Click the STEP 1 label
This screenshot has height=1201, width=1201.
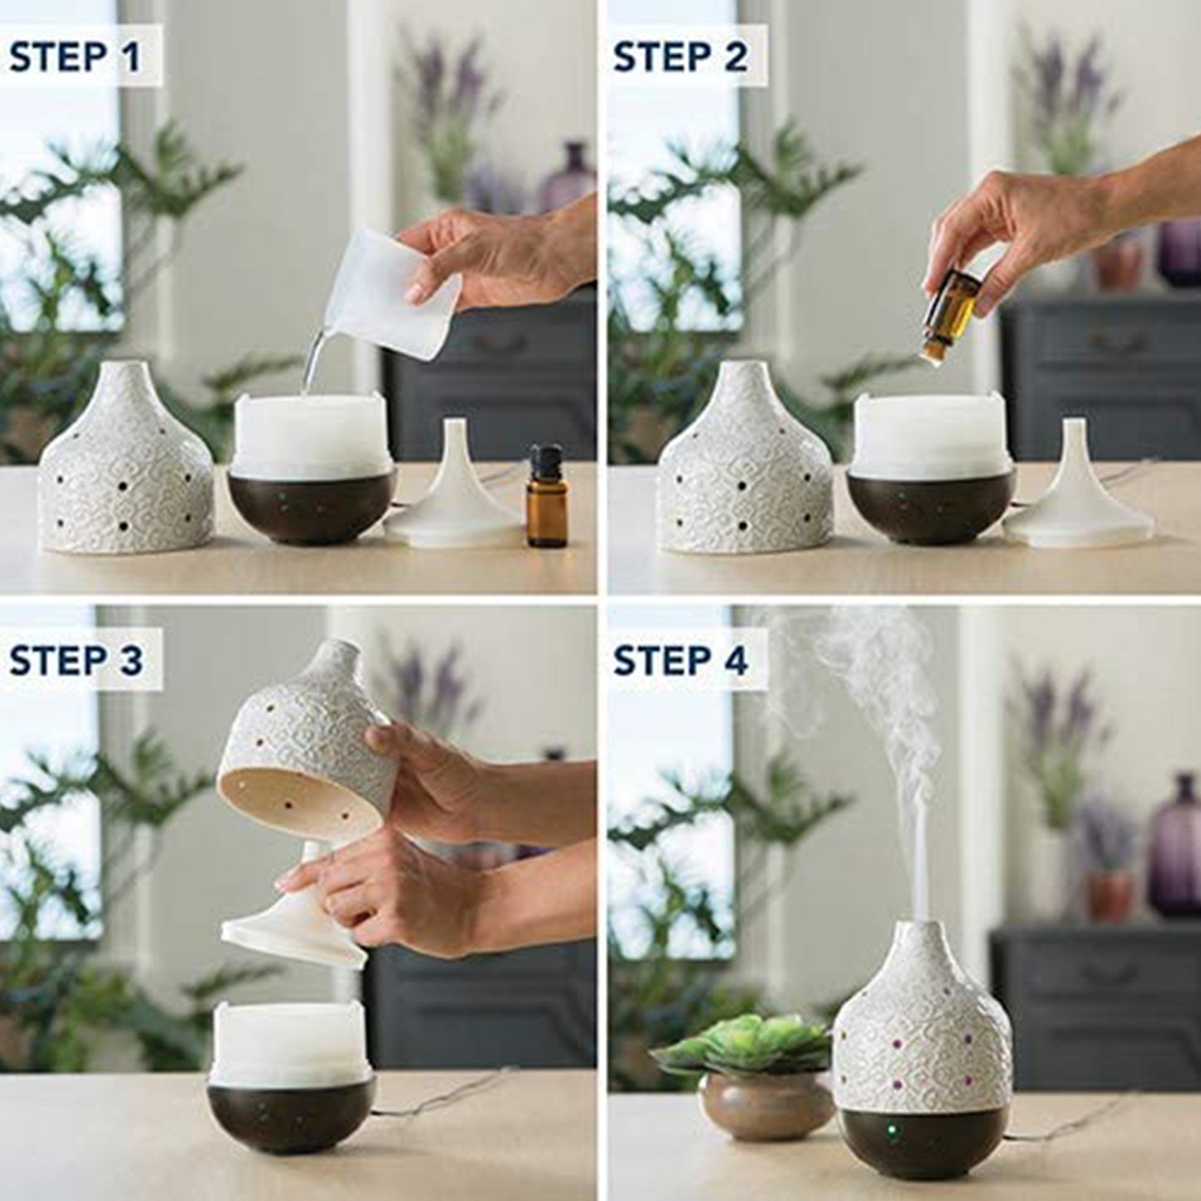pyautogui.click(x=75, y=57)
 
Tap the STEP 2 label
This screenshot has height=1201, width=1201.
pyautogui.click(x=680, y=57)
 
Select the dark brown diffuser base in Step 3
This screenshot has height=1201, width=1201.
pyautogui.click(x=291, y=1114)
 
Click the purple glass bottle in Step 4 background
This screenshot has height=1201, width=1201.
pyautogui.click(x=1174, y=848)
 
